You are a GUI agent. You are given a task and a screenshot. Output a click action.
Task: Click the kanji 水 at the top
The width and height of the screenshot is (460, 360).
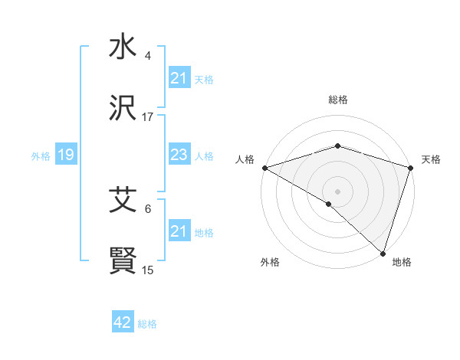[x=123, y=47]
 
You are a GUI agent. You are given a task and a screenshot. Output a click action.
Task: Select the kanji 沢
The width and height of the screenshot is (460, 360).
[x=123, y=110]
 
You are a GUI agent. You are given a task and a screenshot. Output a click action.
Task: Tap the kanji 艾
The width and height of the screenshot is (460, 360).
[x=123, y=201]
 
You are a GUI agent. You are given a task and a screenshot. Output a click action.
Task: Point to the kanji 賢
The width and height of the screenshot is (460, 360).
[x=123, y=262]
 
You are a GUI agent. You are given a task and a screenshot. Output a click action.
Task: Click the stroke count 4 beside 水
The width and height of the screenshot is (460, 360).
[x=148, y=56]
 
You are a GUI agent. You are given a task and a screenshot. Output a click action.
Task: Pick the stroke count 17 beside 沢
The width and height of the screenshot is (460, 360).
[x=148, y=117]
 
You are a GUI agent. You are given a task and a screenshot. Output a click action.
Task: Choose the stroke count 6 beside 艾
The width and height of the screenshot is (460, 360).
[x=148, y=208]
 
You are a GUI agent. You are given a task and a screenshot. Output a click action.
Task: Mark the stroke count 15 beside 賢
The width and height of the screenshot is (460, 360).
[x=148, y=270]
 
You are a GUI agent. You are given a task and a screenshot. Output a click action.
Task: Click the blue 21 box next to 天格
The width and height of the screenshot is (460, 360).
[x=179, y=78]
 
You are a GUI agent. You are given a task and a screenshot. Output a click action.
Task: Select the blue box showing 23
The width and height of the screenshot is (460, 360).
[x=179, y=155]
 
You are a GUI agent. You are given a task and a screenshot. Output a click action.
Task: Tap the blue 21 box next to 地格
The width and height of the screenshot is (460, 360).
[x=179, y=231]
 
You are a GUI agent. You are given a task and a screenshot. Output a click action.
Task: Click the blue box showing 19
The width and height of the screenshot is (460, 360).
[x=65, y=155]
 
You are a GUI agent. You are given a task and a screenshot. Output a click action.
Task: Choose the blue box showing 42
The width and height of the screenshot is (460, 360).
[x=123, y=322]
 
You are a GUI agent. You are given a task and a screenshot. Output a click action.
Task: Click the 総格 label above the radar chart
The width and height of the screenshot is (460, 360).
[x=337, y=100]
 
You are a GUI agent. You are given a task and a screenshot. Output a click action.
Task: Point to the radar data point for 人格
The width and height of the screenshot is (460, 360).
[x=264, y=168]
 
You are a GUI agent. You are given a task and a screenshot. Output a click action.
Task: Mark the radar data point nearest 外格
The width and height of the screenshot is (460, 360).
[x=329, y=204]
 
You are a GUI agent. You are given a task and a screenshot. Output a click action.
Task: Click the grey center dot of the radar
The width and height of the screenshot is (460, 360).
[x=337, y=191]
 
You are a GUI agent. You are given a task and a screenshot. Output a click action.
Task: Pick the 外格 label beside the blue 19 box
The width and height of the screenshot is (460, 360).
[x=41, y=156]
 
